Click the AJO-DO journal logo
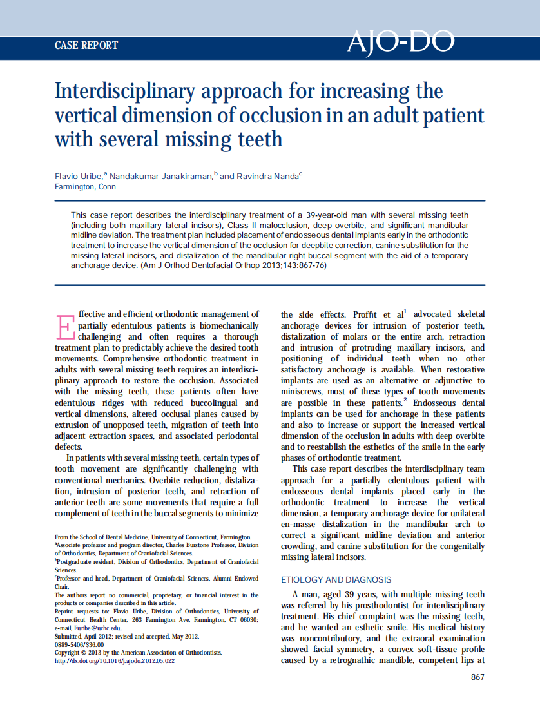coord(401,43)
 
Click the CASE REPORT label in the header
coord(86,45)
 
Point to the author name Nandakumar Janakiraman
coord(160,177)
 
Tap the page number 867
coord(477,677)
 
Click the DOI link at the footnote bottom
coord(115,660)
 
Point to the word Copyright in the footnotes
coord(70,652)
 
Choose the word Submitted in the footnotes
coord(70,635)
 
